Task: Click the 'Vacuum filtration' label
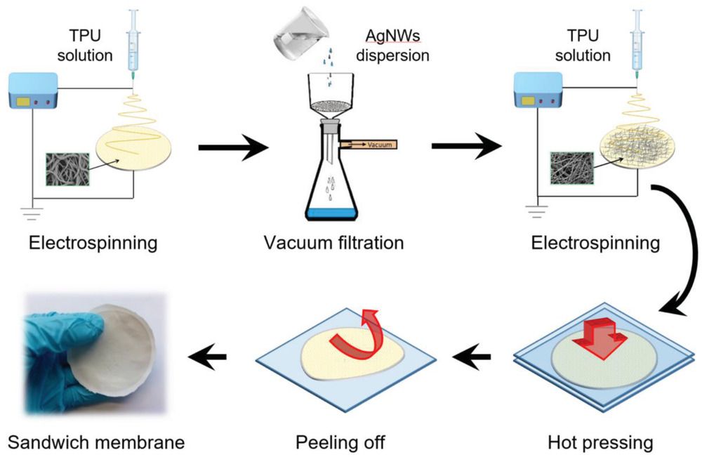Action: click(333, 243)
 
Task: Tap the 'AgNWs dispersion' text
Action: click(392, 45)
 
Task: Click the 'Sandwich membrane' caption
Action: click(96, 442)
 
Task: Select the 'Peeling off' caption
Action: click(340, 442)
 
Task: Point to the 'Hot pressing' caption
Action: click(600, 442)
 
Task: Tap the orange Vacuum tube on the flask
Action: click(368, 145)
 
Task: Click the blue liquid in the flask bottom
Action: click(332, 213)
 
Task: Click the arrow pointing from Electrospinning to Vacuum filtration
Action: click(233, 147)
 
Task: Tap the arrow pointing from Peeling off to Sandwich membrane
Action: click(207, 357)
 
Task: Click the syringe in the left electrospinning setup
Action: click(133, 45)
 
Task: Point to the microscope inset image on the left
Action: click(67, 169)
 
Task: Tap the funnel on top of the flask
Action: click(331, 97)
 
